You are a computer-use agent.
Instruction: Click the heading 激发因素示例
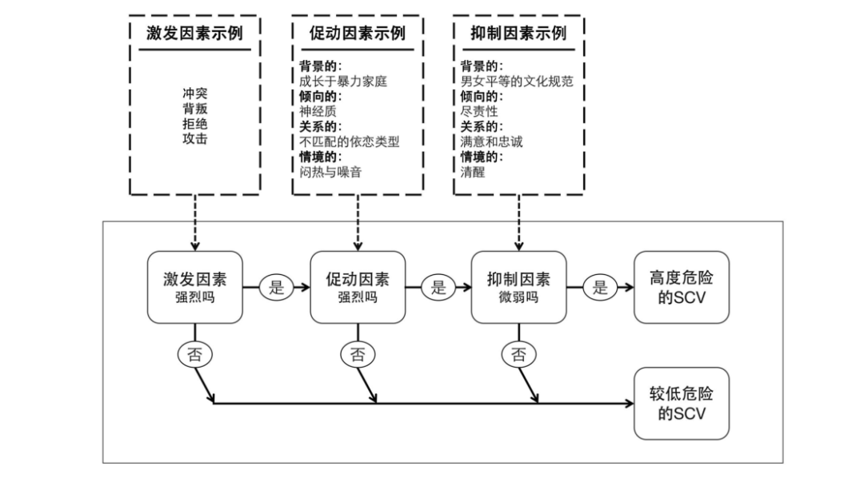click(x=194, y=34)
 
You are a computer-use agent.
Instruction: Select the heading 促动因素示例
click(x=357, y=34)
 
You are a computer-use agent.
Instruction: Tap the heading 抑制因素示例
click(x=518, y=34)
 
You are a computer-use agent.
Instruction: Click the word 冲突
click(x=194, y=94)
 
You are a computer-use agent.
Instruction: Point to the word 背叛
click(x=194, y=108)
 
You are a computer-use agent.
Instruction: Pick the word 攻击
click(x=194, y=138)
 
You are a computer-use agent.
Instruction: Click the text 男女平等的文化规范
click(x=517, y=81)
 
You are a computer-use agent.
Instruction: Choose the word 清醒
click(x=472, y=171)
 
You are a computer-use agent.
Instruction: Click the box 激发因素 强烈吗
click(x=194, y=287)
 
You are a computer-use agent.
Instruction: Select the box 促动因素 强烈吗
click(x=357, y=287)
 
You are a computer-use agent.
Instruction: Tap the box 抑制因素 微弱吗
click(x=518, y=287)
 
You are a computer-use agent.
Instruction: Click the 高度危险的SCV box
click(x=682, y=287)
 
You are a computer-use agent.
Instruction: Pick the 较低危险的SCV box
click(x=682, y=403)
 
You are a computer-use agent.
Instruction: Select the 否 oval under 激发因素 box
click(x=194, y=355)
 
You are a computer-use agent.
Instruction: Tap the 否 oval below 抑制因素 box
click(x=518, y=355)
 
